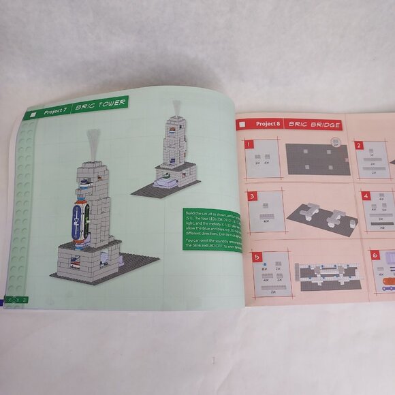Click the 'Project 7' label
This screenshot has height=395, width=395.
tap(56, 110)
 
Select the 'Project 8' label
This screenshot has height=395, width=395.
tap(268, 124)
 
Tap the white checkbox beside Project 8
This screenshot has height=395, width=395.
tap(241, 125)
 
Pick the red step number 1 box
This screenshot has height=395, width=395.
tap(249, 144)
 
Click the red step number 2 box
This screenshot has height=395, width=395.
tap(358, 144)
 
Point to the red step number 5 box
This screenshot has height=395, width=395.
tap(256, 257)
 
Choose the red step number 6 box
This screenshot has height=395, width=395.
tap(374, 255)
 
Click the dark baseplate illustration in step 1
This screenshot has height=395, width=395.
tap(317, 159)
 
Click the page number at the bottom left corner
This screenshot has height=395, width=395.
tap(24, 299)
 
